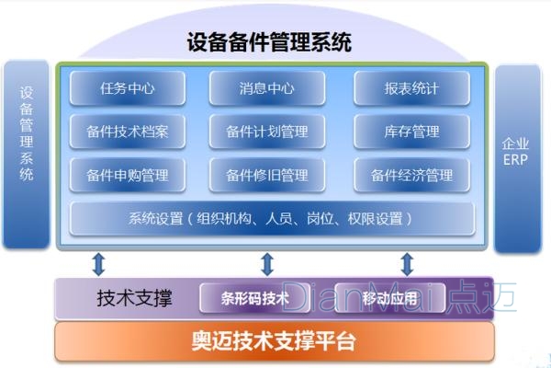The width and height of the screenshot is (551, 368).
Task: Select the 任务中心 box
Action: [x=128, y=88]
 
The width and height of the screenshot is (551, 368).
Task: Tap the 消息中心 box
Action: [x=267, y=88]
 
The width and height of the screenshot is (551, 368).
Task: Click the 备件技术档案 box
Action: [x=128, y=132]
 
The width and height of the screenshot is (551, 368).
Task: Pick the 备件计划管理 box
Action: [x=267, y=132]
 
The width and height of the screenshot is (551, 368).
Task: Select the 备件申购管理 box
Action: [x=128, y=174]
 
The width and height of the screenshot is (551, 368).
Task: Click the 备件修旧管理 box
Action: [x=267, y=174]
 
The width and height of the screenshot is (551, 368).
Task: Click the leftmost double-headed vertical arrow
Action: [x=98, y=265]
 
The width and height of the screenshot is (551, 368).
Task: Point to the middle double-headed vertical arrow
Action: [x=267, y=265]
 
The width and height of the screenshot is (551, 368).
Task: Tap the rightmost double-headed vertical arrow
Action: [x=406, y=265]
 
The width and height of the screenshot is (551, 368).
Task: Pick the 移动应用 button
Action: [x=389, y=298]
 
